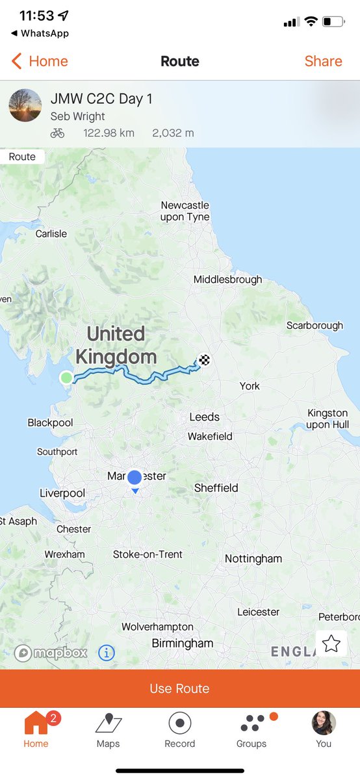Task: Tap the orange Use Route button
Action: [x=180, y=688]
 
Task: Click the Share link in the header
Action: [x=323, y=61]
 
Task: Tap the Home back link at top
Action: [x=40, y=61]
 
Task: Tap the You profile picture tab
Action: [x=324, y=723]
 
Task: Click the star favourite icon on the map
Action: [x=331, y=643]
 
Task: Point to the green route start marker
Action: [x=66, y=378]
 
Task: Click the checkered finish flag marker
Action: [x=205, y=359]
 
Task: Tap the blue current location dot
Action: [x=135, y=478]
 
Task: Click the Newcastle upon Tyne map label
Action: [x=185, y=211]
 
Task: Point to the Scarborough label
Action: [x=315, y=325]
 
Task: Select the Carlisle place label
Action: [x=51, y=233]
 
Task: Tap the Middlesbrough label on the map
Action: [x=227, y=279]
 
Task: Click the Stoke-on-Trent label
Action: [x=148, y=554]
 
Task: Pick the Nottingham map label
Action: [x=253, y=558]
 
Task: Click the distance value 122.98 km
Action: [x=109, y=133]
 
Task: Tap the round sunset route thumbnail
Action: [x=25, y=105]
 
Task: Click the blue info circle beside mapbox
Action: [x=107, y=653]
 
